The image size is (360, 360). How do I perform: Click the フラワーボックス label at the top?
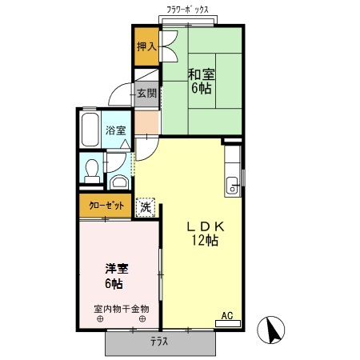click(x=188, y=10)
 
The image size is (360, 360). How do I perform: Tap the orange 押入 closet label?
click(x=146, y=46)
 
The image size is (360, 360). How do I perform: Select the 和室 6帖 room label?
click(x=200, y=81)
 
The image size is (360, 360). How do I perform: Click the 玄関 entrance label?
click(x=146, y=93)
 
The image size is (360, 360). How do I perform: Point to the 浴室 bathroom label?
click(x=115, y=130)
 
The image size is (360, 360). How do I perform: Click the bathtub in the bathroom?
click(x=90, y=129)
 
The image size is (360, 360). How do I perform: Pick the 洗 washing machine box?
click(x=145, y=206)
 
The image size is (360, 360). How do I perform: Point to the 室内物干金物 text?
click(x=122, y=308)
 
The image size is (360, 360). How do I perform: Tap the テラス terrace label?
click(x=160, y=342)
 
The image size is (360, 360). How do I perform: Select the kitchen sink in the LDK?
click(x=233, y=186)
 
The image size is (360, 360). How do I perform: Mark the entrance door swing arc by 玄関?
click(x=122, y=93)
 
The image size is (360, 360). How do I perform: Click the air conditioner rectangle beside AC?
click(x=228, y=323)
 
